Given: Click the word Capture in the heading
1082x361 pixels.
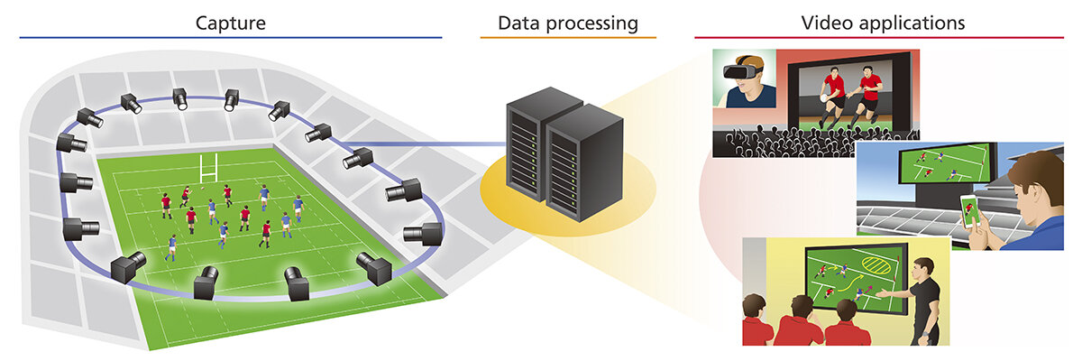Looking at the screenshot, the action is [x=231, y=23].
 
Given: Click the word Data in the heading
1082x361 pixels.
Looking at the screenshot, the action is [x=518, y=23].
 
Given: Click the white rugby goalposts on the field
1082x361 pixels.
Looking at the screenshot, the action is [x=208, y=168].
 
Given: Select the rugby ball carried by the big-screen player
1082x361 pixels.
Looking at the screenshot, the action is [x=825, y=97].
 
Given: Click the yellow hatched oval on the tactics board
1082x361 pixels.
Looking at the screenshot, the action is [x=876, y=265].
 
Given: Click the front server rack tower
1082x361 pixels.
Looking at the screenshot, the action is [x=584, y=163].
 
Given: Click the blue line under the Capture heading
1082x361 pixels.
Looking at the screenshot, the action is [x=231, y=37].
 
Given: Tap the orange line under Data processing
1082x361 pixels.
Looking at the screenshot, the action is [x=568, y=37].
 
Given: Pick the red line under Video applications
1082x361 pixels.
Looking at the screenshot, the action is [x=879, y=37].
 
